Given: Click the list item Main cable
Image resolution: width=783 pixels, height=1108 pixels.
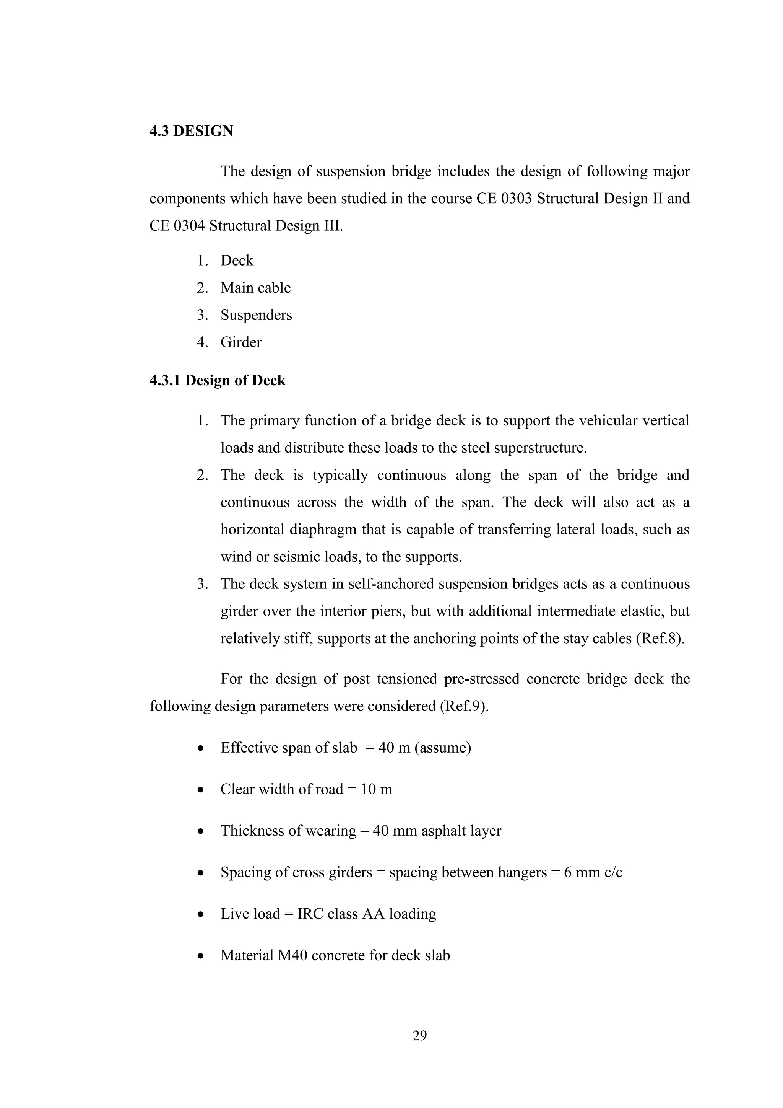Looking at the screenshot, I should [255, 288].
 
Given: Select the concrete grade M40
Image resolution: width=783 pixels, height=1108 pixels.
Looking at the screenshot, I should [292, 955].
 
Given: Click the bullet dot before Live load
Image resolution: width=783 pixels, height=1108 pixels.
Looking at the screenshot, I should [201, 914].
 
